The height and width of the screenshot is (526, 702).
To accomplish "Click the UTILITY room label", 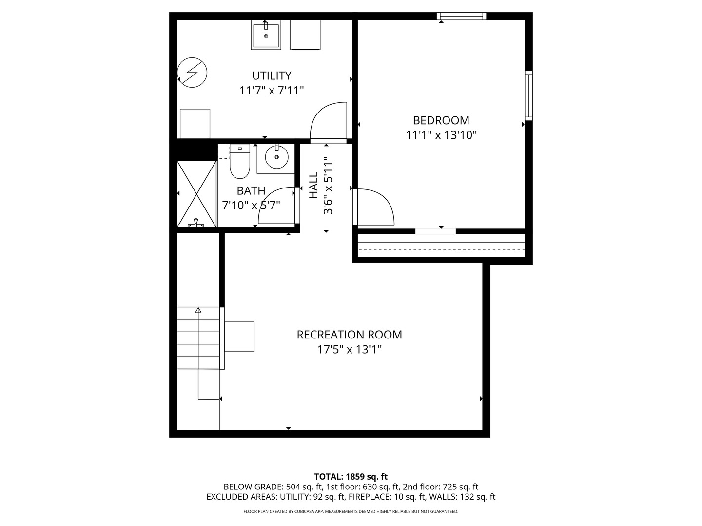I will point(272,76).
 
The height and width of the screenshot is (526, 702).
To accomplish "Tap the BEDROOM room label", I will point(441,120).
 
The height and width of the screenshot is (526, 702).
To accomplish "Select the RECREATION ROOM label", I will point(349,335).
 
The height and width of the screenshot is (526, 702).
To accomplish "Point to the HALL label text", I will point(313,185).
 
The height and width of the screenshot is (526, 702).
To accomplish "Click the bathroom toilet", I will point(239,162).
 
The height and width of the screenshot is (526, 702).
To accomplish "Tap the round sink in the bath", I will point(276,157).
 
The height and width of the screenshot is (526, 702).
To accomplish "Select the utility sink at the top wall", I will point(266,35).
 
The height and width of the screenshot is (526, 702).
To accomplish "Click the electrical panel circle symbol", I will point(192,73).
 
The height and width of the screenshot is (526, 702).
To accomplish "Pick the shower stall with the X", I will point(196,194).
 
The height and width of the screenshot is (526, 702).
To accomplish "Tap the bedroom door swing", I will point(375,207).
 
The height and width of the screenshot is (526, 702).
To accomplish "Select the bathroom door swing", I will point(276,205).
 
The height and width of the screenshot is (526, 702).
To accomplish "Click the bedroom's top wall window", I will point(461,17).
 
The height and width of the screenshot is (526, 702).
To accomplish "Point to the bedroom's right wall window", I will point(528,95).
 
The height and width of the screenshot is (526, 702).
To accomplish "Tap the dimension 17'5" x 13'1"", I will point(349,350).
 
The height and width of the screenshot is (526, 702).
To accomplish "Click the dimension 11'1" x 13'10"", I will point(441,135).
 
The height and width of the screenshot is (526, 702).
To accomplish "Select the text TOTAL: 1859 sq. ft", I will point(351,477).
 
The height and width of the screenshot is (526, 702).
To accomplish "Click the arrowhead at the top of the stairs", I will point(198,310).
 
